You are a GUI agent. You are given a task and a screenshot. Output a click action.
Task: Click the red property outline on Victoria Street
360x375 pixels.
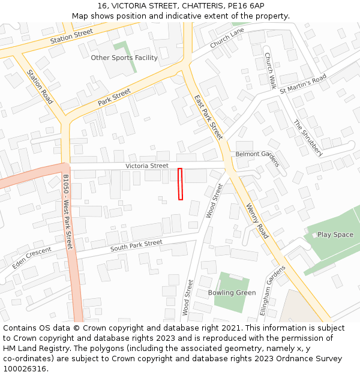point(180,184)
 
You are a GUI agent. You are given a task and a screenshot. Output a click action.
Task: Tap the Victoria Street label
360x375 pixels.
point(147,166)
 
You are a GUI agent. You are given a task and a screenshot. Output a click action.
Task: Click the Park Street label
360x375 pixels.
point(114,97)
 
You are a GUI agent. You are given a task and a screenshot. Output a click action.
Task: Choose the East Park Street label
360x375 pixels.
point(208,117)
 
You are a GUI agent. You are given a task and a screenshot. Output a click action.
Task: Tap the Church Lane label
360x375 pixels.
point(227,38)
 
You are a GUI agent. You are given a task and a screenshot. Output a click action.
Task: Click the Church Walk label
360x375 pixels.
point(270,71)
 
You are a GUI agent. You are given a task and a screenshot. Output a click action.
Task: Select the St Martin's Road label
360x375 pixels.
point(303,83)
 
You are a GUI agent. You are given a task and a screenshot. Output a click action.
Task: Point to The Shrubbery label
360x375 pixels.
point(308,138)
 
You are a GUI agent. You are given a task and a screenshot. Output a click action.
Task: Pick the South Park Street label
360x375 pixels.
point(136,245)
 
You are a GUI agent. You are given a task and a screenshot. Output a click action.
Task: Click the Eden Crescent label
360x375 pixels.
point(32,259)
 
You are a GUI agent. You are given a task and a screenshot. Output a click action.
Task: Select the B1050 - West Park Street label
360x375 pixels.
point(67,212)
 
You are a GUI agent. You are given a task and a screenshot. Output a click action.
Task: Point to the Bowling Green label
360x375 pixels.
point(232,293)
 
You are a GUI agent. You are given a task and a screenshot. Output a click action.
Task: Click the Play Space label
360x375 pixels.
point(335,235)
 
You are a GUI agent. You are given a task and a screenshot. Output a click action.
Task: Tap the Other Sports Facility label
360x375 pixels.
point(124,58)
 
